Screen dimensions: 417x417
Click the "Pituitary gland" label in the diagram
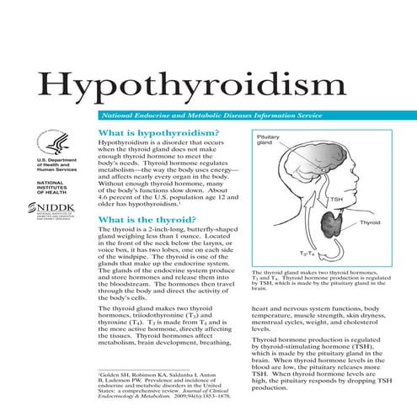click(x=267, y=139)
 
